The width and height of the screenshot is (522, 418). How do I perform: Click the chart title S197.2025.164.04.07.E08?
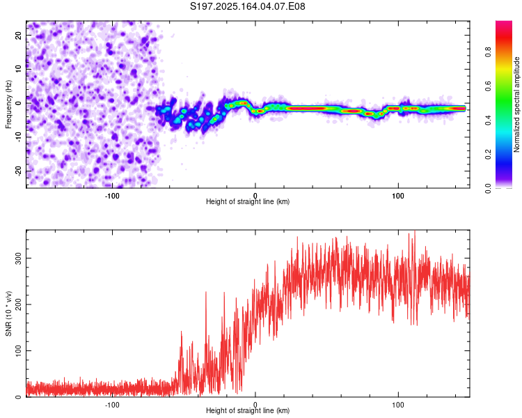(x=247, y=6)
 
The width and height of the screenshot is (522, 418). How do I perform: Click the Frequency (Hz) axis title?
(x=8, y=104)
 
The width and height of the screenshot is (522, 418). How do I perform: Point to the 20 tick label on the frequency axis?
(x=18, y=36)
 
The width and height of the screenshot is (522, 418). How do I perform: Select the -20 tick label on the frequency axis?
(x=18, y=171)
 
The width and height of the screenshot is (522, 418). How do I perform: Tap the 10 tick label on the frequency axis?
(x=18, y=69)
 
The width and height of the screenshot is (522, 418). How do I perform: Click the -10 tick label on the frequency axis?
(x=18, y=137)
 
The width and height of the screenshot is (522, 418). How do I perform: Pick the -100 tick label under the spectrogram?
(x=112, y=196)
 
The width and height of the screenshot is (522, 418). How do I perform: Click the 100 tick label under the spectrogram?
(x=398, y=196)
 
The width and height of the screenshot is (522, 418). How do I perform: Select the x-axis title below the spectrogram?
(x=248, y=201)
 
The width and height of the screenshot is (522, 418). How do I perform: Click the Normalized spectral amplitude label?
(x=516, y=104)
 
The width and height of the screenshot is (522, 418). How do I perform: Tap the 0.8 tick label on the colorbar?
(x=488, y=52)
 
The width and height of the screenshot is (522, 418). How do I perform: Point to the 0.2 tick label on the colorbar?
(x=488, y=155)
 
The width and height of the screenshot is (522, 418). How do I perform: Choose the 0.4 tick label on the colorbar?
(x=488, y=121)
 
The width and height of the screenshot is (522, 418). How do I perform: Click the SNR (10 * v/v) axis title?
(x=8, y=313)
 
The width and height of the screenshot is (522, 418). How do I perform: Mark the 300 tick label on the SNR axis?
(x=18, y=258)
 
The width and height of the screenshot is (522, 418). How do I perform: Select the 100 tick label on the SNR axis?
(x=18, y=350)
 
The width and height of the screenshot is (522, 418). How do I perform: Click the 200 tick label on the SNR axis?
(x=18, y=304)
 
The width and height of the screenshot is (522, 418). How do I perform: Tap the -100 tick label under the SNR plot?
(x=112, y=405)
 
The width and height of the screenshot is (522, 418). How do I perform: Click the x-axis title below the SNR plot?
(x=248, y=410)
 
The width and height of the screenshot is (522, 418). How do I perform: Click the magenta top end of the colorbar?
(x=504, y=22)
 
